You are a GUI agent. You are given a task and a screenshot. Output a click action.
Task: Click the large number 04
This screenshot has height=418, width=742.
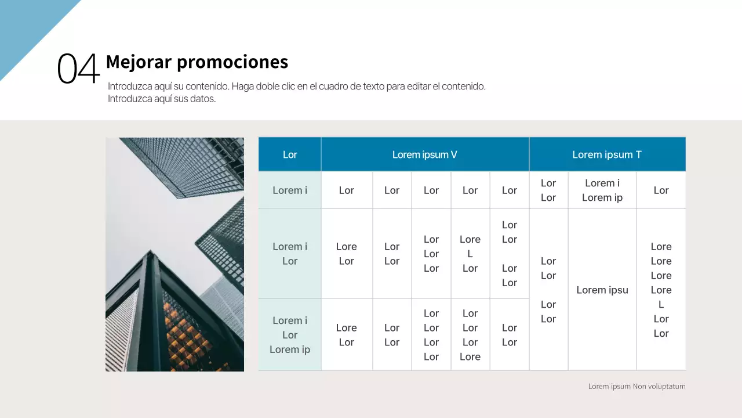point(78,69)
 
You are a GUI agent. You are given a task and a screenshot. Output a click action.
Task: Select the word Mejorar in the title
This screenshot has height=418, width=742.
point(138,62)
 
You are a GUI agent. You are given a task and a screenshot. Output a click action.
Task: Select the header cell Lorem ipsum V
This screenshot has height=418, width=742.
point(424,154)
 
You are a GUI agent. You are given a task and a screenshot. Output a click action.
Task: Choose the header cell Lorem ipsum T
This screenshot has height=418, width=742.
point(606,154)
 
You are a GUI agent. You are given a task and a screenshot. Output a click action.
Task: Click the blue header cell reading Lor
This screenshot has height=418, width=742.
point(290,154)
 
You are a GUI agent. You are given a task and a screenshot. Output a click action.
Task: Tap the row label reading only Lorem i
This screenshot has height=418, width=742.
point(290,190)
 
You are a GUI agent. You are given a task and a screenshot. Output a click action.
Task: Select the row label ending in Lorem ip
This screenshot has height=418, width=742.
point(290,335)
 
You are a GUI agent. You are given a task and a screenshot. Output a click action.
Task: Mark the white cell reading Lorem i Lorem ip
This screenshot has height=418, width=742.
point(602,190)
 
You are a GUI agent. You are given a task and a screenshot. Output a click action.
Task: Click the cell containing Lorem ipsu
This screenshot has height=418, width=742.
point(602,290)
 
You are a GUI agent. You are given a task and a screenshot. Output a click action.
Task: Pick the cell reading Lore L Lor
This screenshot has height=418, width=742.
point(470,254)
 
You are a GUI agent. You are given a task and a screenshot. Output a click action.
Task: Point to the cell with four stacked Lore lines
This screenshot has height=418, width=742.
point(661,290)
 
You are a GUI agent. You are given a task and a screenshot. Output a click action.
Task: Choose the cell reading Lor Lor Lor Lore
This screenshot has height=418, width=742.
point(470,335)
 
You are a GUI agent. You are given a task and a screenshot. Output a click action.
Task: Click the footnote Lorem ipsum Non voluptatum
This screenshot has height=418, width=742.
point(636,386)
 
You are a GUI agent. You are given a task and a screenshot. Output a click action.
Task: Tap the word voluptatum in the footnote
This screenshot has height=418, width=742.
point(666,386)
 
